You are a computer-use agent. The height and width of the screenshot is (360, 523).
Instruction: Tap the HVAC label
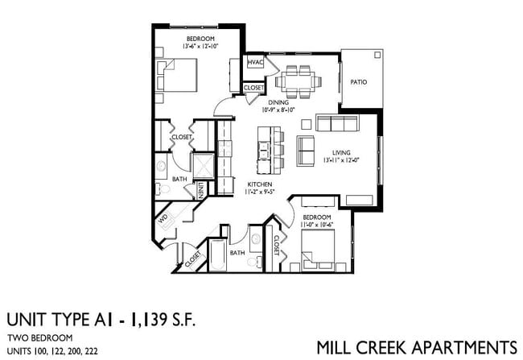tap(255, 63)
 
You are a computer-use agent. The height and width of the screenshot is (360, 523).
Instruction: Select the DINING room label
tap(279, 102)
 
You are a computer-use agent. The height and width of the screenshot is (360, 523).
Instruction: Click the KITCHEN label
tap(258, 184)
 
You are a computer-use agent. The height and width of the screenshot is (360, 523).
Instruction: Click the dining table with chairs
tap(298, 80)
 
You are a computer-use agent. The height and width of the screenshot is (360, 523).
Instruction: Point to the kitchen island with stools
tap(266, 147)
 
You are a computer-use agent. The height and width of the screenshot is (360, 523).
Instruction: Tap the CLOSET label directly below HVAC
tap(254, 87)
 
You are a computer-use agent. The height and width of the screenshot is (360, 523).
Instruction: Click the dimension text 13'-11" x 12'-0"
tap(344, 160)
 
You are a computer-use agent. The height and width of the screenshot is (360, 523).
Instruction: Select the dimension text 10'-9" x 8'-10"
tap(279, 111)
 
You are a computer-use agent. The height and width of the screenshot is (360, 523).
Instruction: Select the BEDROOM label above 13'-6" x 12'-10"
tap(200, 39)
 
